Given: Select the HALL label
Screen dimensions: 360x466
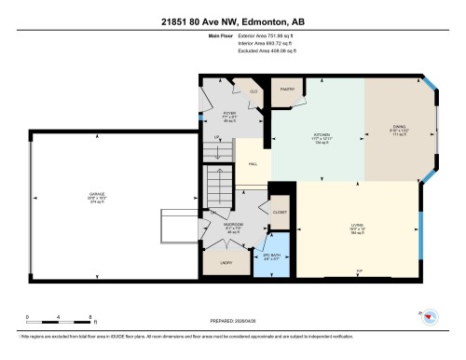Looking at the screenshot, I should [253, 165].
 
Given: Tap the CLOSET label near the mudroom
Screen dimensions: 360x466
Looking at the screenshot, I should [280, 213].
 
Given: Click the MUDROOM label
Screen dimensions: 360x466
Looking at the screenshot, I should [233, 225].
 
